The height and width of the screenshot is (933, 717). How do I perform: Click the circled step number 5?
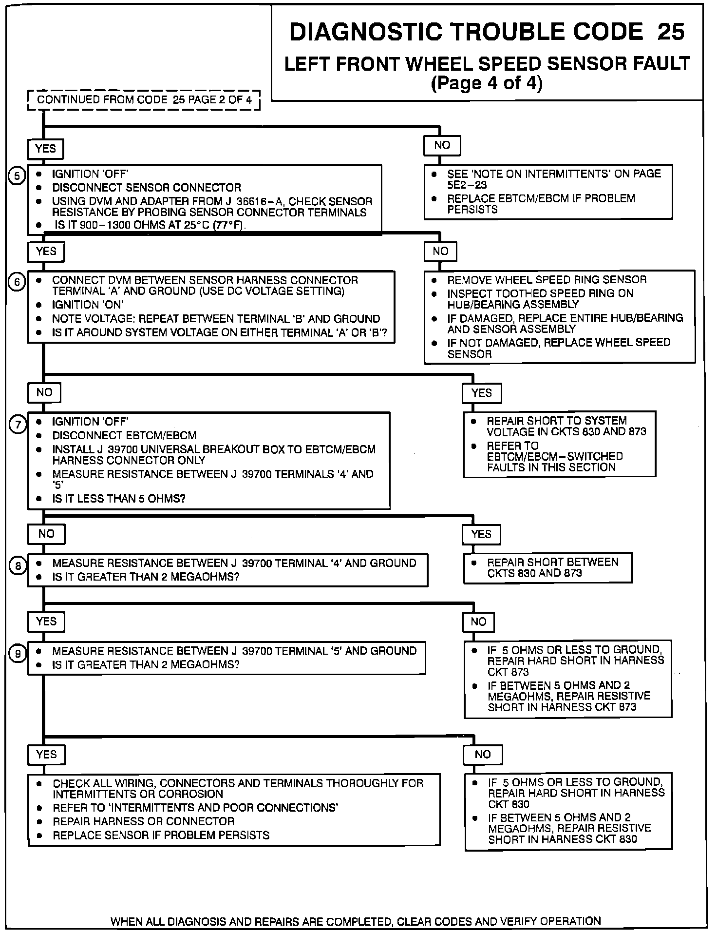[17, 175]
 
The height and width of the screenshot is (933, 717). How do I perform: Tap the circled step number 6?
[17, 282]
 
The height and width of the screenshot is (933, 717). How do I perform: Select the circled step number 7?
[18, 425]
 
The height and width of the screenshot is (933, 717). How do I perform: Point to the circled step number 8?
[18, 566]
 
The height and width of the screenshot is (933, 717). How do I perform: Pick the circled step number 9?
[18, 654]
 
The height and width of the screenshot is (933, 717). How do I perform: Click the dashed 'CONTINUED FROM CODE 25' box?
[144, 100]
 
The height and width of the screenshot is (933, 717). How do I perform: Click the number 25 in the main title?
[671, 32]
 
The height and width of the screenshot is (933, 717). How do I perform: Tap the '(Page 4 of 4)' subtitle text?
[487, 83]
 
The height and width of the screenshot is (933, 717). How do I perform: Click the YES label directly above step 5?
[46, 149]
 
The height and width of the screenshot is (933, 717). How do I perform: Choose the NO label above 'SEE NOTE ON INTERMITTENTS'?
[442, 145]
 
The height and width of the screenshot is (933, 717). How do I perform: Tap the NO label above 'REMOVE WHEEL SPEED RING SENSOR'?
[440, 251]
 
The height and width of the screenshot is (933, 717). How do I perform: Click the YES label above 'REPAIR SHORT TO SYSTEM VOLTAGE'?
[481, 393]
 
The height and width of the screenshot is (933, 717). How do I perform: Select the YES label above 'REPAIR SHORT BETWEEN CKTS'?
[481, 534]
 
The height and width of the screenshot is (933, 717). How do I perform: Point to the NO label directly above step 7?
[44, 392]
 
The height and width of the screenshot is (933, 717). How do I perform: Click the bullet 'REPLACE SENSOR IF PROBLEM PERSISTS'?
[161, 835]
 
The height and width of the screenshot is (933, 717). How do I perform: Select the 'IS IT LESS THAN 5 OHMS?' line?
[119, 499]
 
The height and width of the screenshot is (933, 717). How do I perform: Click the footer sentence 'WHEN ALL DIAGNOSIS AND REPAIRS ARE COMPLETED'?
[356, 921]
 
